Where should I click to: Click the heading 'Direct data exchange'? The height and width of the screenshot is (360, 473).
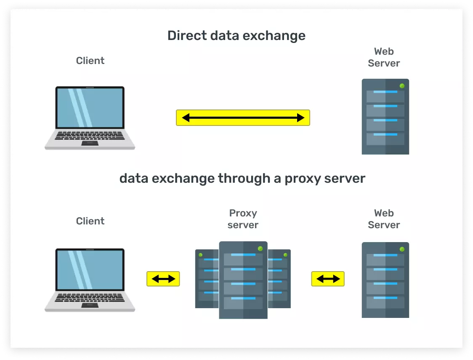point(236,35)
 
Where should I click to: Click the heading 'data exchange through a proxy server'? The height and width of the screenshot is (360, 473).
point(242,178)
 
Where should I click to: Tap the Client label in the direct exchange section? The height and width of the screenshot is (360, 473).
point(90,61)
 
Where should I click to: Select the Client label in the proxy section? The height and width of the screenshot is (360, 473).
point(90,221)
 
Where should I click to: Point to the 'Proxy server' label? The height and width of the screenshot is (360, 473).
point(243,219)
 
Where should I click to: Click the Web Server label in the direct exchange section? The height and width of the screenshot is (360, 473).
point(384,57)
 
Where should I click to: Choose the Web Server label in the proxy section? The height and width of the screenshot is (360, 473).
point(384,219)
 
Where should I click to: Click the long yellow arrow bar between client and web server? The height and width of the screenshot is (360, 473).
point(243,118)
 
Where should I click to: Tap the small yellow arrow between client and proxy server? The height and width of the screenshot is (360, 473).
point(163,279)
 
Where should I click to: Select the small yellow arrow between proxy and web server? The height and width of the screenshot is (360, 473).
point(328,279)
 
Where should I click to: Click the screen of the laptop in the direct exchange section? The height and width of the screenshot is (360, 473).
point(90,108)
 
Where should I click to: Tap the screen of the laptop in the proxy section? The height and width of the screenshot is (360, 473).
point(90,269)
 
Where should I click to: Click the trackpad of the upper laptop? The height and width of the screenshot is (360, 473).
point(90,143)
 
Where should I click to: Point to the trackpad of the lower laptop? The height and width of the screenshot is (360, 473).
point(90,305)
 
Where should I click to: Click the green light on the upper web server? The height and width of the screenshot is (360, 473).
point(402,86)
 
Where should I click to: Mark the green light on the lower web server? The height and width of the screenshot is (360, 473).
point(402,249)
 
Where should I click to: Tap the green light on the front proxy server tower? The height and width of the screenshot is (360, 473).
point(260,248)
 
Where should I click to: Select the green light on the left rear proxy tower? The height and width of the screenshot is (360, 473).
point(201,255)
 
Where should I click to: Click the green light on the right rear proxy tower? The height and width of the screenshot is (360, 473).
point(285,255)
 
